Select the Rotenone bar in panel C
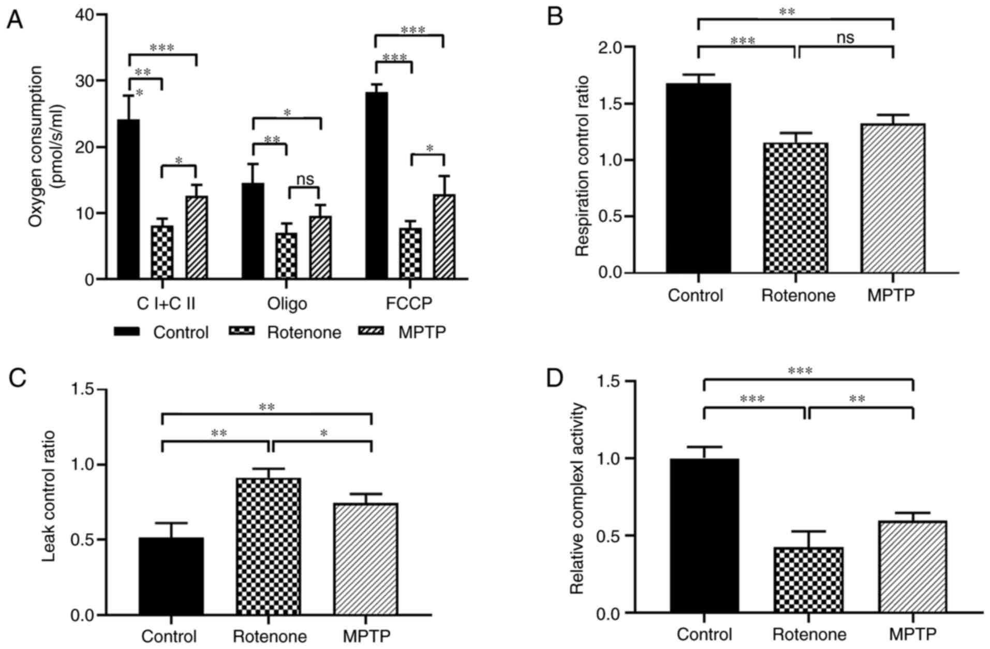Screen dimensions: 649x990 [x=268, y=546]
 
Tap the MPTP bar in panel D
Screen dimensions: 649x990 [x=912, y=567]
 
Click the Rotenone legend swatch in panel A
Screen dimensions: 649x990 [x=241, y=331]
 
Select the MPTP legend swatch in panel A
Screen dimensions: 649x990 [x=371, y=331]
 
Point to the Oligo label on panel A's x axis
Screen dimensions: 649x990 [x=287, y=304]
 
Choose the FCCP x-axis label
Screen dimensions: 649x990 [x=409, y=304]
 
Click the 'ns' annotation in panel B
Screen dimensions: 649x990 [x=845, y=37]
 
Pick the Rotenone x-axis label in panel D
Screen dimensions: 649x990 [x=809, y=634]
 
